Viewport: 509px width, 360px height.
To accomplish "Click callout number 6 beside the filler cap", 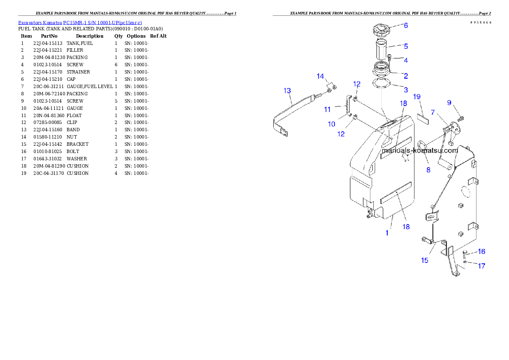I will (x=405, y=26).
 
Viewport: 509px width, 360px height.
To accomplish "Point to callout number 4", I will (x=405, y=60).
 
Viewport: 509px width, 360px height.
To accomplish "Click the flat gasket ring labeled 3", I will (x=382, y=83).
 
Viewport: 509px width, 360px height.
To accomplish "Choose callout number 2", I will (x=405, y=76).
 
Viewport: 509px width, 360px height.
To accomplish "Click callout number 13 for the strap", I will (x=287, y=91).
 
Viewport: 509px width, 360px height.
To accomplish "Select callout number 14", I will (x=320, y=76).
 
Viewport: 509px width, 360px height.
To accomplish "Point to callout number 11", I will (x=327, y=109).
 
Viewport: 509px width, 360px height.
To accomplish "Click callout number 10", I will (x=331, y=124).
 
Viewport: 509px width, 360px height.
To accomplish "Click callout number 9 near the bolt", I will (x=449, y=103).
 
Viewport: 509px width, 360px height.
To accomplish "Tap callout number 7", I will (x=433, y=112).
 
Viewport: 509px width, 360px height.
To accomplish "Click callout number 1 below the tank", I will (x=387, y=233).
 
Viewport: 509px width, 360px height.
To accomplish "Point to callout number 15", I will (x=424, y=260).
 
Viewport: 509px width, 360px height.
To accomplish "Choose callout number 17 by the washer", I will (x=481, y=266).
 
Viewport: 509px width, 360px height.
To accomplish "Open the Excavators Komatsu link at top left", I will (x=80, y=22).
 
